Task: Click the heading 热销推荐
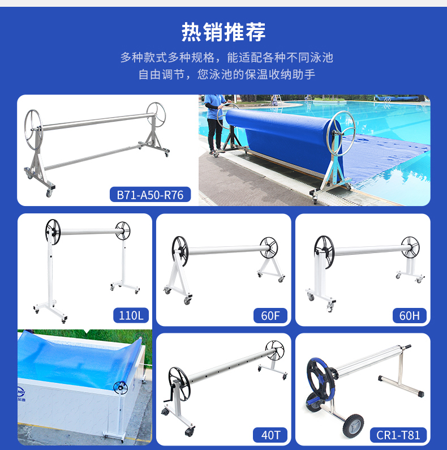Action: pyautogui.click(x=223, y=32)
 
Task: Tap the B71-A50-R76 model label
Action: pyautogui.click(x=150, y=195)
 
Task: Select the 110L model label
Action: pyautogui.click(x=131, y=315)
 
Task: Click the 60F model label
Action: pyautogui.click(x=270, y=315)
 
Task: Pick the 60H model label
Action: pyautogui.click(x=410, y=315)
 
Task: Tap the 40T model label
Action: pyautogui.click(x=270, y=435)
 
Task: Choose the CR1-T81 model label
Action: pyautogui.click(x=398, y=435)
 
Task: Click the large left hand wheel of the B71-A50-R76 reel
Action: pyautogui.click(x=33, y=130)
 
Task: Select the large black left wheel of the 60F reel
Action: pyautogui.click(x=180, y=251)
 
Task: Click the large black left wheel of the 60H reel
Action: pyautogui.click(x=324, y=252)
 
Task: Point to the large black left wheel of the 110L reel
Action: pyautogui.click(x=53, y=232)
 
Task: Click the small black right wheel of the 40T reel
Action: pyautogui.click(x=275, y=350)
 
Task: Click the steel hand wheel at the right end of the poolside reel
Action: pyautogui.click(x=341, y=134)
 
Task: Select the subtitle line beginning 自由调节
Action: pyautogui.click(x=227, y=74)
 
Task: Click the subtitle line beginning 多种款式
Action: pyautogui.click(x=227, y=58)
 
